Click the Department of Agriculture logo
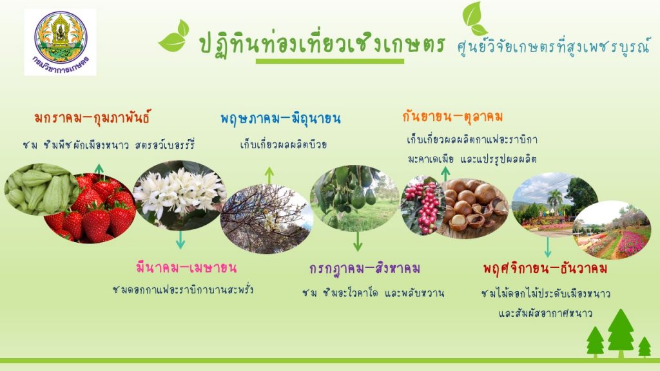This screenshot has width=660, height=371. (60, 43)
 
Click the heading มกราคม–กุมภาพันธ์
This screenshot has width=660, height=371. (92, 117)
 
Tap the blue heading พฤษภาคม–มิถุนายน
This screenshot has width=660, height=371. (280, 119)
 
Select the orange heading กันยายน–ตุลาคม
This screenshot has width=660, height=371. (452, 116)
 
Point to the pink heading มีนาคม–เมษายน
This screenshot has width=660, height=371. (186, 267)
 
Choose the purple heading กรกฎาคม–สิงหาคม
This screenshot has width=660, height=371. (365, 268)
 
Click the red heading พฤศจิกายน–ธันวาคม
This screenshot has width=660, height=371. (545, 268)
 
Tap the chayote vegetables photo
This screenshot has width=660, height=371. (36, 189)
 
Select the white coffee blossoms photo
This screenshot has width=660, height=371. (180, 195)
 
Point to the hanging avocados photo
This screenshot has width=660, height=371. (354, 198)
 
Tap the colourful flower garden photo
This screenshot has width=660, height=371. (612, 230)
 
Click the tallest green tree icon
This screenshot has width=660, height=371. (621, 333)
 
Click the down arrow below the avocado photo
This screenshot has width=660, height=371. (358, 241)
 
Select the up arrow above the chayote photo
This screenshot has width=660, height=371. (99, 169)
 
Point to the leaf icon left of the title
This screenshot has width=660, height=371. (174, 36)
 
